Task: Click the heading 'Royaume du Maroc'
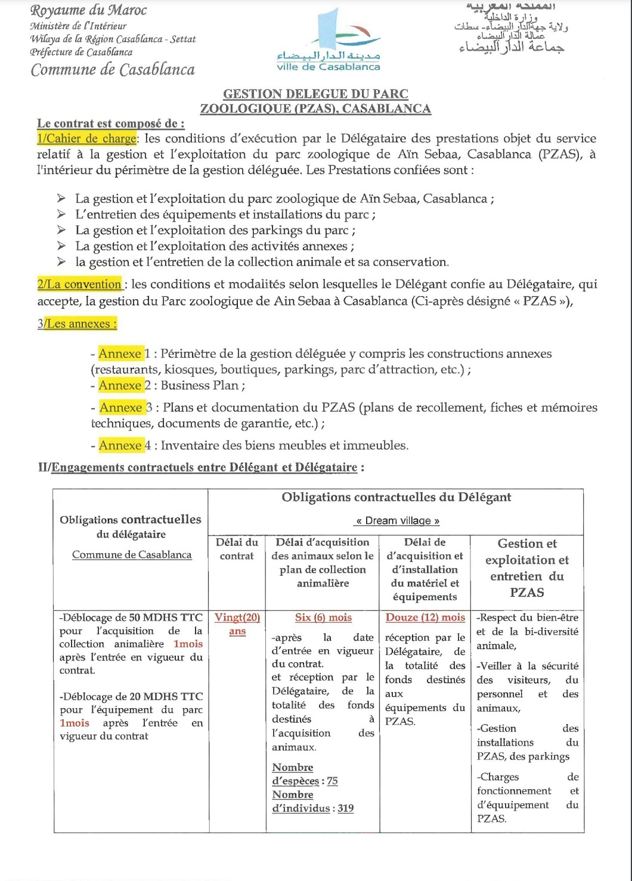pyautogui.click(x=88, y=10)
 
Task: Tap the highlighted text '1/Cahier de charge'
pyautogui.click(x=87, y=139)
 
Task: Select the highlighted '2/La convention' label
pyautogui.click(x=79, y=284)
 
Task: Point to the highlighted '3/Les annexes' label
pyautogui.click(x=77, y=324)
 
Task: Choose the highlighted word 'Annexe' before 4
pyautogui.click(x=120, y=445)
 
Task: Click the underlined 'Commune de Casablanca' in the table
pyautogui.click(x=132, y=555)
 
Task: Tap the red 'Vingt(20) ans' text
pyautogui.click(x=237, y=624)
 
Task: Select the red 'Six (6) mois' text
pyautogui.click(x=323, y=618)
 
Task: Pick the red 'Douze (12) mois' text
pyautogui.click(x=425, y=618)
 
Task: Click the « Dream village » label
pyautogui.click(x=397, y=521)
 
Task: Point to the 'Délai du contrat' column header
pyautogui.click(x=237, y=549)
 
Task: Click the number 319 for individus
pyautogui.click(x=345, y=809)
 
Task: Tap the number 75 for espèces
pyautogui.click(x=332, y=781)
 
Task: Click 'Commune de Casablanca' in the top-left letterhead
pyautogui.click(x=113, y=70)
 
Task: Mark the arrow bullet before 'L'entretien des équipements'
pyautogui.click(x=61, y=215)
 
